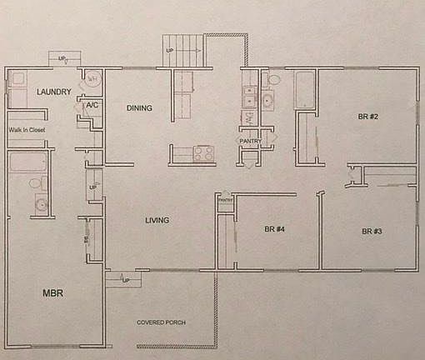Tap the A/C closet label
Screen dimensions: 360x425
coord(93,106)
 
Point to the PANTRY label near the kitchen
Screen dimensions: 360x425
coord(251,141)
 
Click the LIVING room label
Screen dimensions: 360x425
coord(157,220)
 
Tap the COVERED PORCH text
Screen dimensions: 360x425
coord(161,322)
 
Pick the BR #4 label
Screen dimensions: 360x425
coord(275,228)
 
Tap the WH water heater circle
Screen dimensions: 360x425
coord(93,79)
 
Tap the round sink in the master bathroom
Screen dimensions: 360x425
coord(38,204)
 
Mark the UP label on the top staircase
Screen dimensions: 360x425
coord(171,51)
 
